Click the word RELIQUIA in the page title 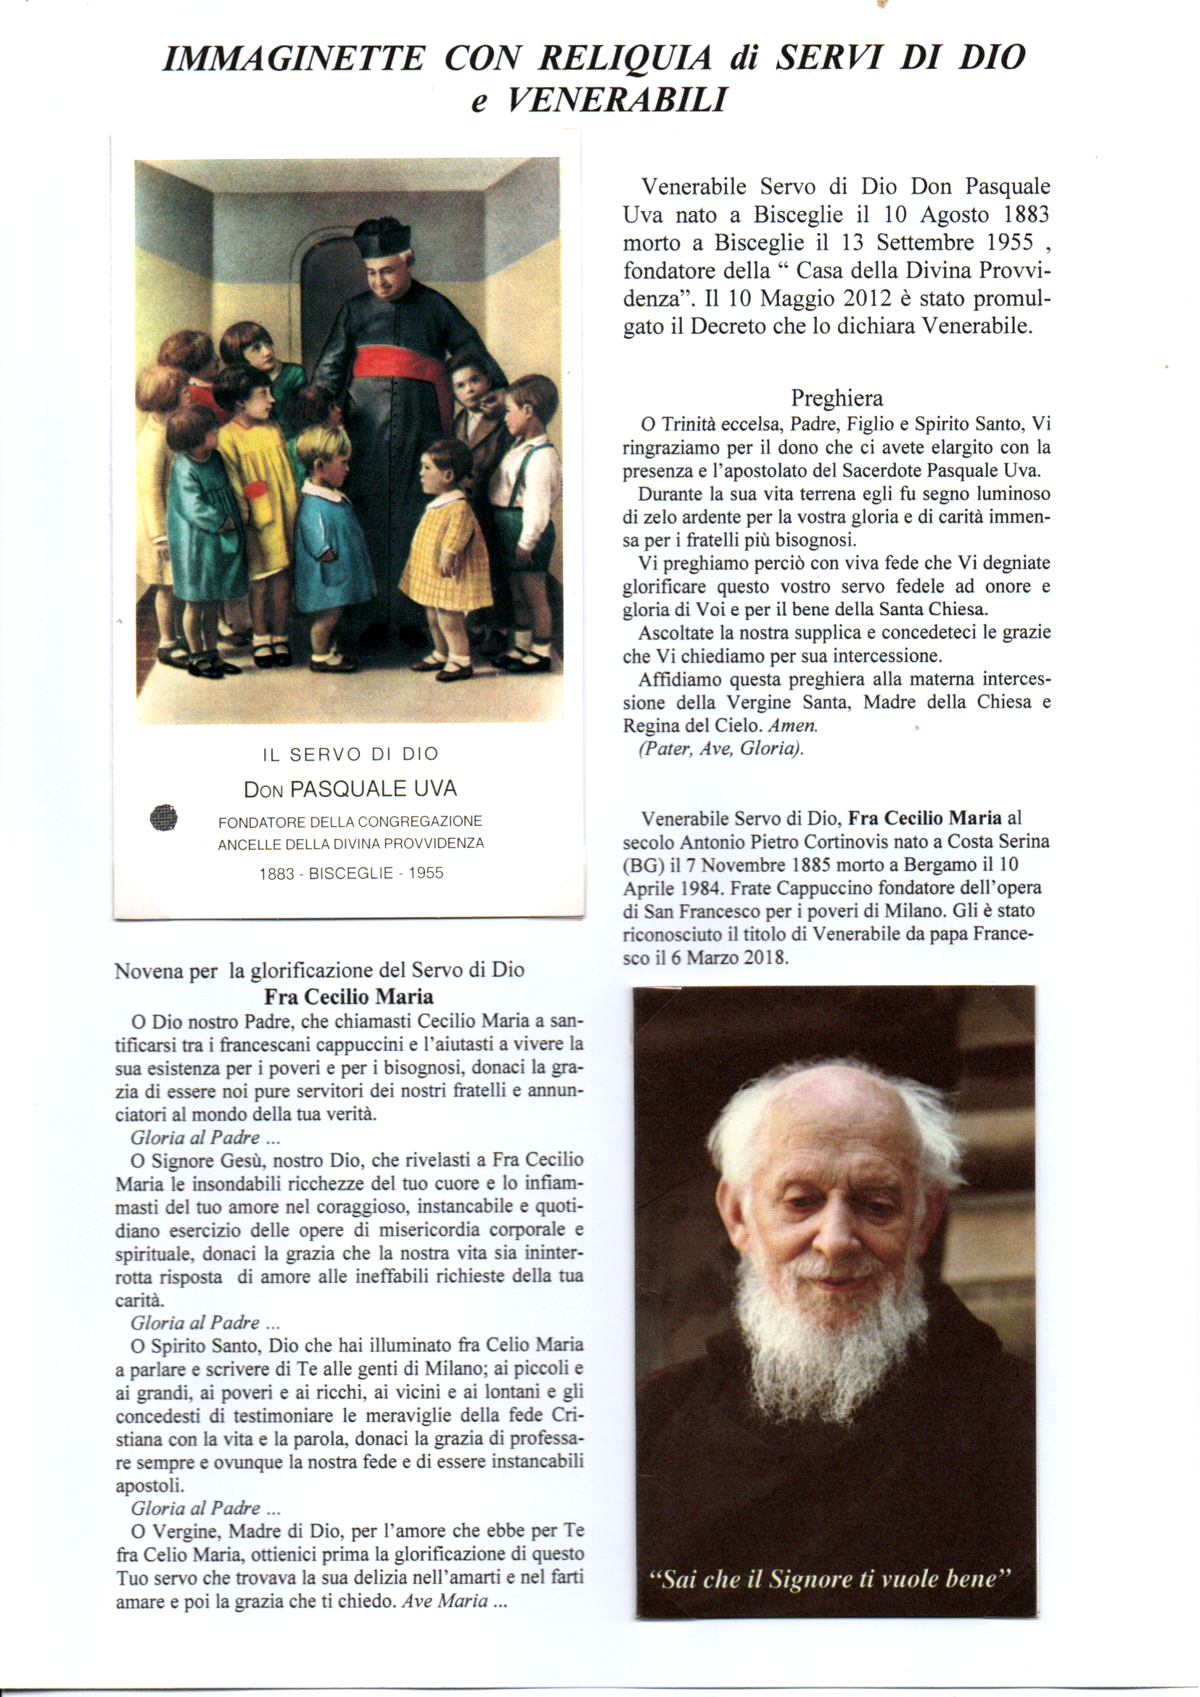[625, 58]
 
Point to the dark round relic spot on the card [163, 818]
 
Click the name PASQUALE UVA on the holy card [373, 790]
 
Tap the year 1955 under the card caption [426, 873]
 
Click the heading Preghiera [837, 398]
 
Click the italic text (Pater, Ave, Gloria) [721, 748]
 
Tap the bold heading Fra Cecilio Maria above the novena [349, 997]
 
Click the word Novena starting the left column [147, 970]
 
